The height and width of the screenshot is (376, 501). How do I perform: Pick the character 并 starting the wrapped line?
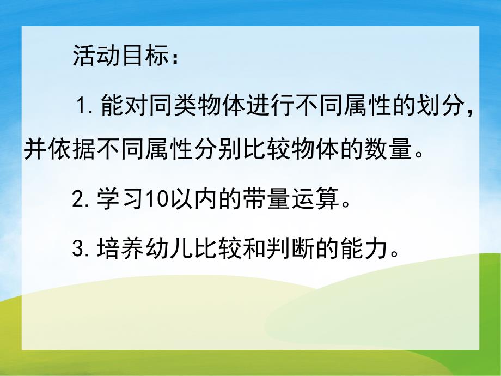pos(34,149)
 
